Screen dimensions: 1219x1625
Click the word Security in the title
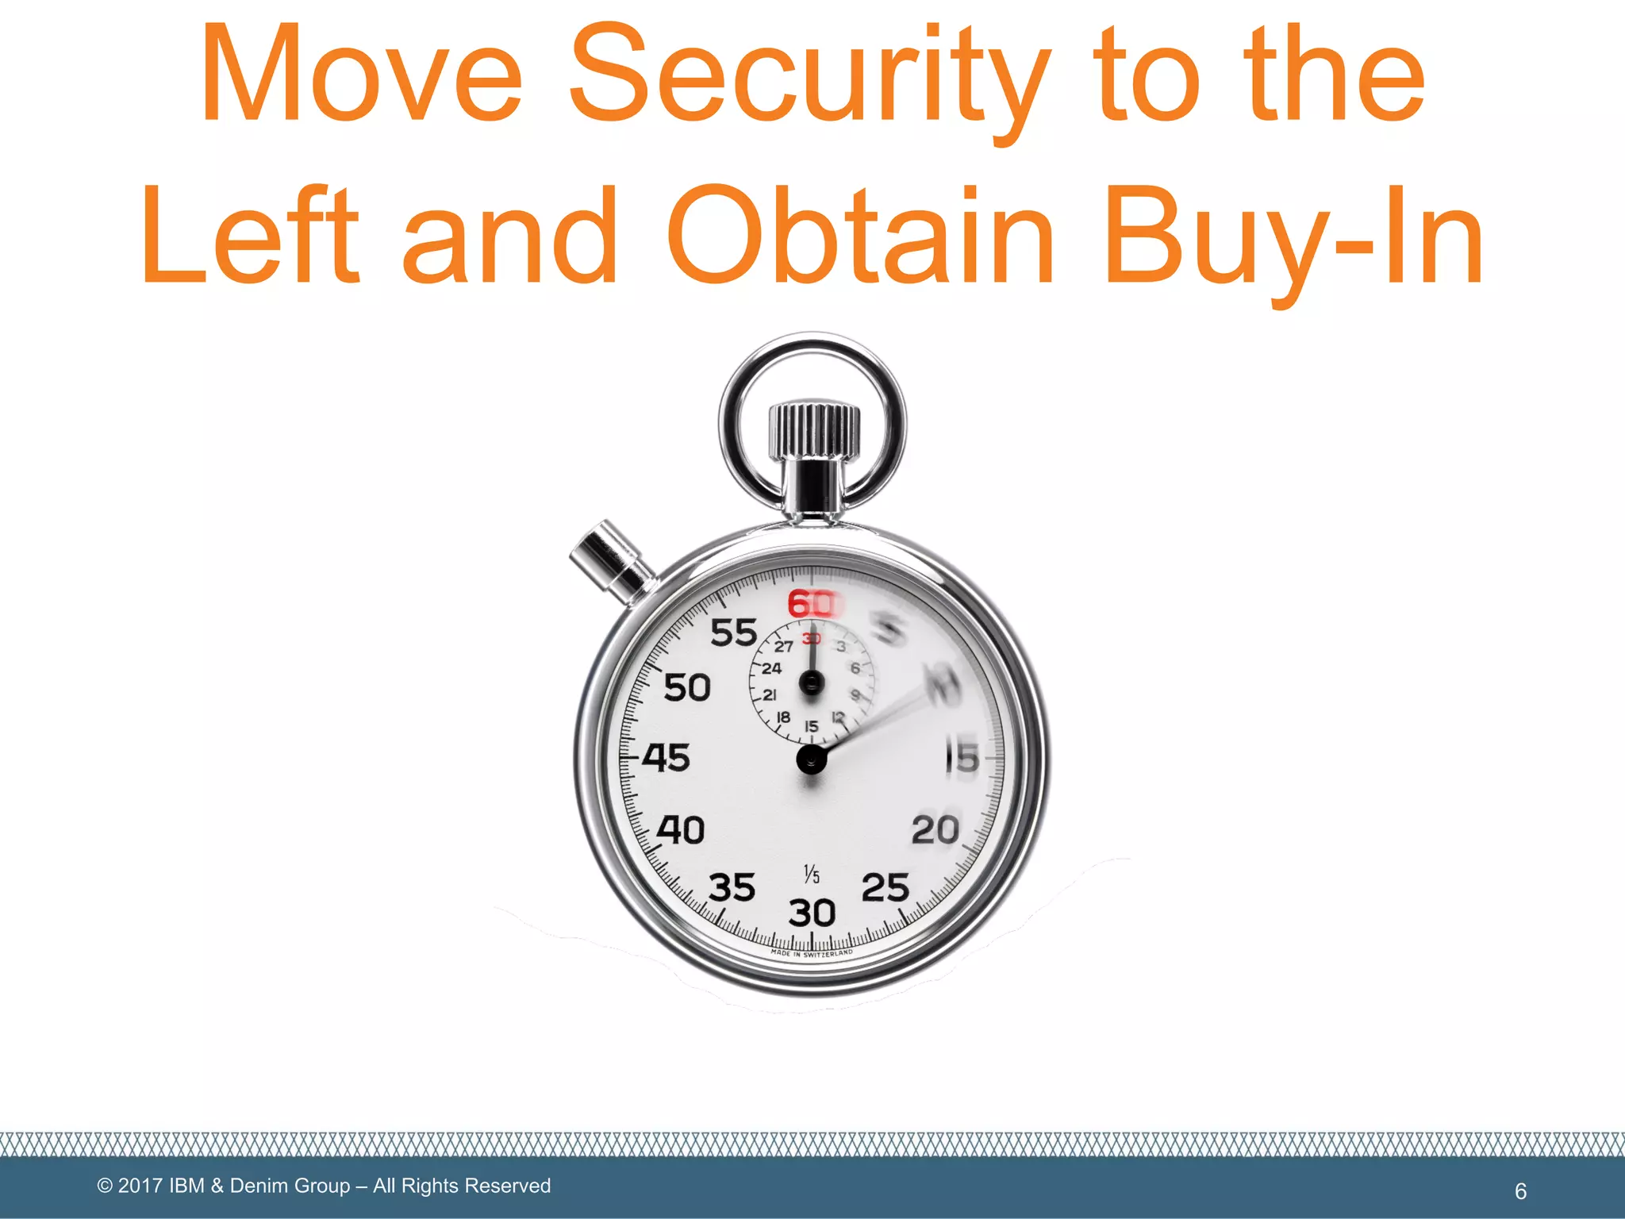coord(809,75)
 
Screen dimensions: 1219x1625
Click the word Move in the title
coord(361,75)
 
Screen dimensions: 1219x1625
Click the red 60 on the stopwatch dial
coord(811,605)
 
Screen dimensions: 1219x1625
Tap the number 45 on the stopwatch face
coord(667,758)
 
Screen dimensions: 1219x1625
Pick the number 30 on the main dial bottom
coord(812,913)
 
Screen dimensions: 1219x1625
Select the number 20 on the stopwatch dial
coord(935,831)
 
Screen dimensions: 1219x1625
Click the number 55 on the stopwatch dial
coord(734,633)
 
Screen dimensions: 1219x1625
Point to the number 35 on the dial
coord(732,888)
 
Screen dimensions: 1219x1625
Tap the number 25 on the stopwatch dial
coord(885,888)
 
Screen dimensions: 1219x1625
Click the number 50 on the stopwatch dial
coord(687,687)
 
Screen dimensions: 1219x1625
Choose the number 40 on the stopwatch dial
coord(681,831)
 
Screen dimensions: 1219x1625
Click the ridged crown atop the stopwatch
coord(813,431)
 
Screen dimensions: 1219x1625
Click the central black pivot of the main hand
coord(811,759)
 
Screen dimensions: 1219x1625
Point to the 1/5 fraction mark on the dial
coord(811,875)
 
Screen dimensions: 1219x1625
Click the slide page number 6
coord(1520,1191)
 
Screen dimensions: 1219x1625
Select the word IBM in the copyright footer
coord(187,1186)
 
